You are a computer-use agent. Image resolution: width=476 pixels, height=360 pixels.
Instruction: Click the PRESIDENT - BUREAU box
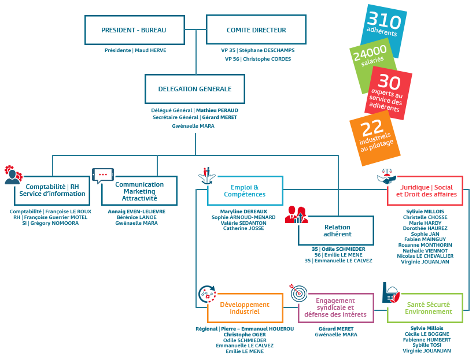(135, 30)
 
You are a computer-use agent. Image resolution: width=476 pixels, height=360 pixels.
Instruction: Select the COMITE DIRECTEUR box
(256, 29)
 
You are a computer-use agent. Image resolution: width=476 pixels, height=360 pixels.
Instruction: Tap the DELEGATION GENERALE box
(195, 89)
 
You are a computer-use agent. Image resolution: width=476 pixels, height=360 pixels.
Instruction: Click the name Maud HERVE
(150, 50)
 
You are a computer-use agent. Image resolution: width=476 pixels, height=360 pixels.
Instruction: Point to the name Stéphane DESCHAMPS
(267, 50)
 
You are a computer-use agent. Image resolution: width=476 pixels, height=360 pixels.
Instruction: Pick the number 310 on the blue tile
(384, 20)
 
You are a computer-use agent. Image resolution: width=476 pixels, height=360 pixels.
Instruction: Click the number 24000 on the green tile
(370, 52)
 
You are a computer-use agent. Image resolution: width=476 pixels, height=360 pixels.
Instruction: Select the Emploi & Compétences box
(245, 191)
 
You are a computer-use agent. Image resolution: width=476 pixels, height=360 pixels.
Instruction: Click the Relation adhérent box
(336, 231)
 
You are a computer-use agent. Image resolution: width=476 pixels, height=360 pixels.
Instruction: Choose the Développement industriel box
(245, 308)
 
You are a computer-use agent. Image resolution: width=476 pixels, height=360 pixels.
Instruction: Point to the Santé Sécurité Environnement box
(425, 308)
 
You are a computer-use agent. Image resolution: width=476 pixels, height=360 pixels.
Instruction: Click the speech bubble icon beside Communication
(103, 176)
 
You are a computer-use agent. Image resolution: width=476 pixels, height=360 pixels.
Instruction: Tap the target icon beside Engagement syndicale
(298, 292)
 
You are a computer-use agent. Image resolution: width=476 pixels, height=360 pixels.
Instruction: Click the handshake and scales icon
(386, 176)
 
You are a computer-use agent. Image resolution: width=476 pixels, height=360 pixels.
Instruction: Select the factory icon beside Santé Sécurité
(391, 292)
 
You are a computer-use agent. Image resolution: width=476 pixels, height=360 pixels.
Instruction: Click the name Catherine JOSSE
(243, 228)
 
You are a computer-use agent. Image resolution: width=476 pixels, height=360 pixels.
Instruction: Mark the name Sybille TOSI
(427, 345)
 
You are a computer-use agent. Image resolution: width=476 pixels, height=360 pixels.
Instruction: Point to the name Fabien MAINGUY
(425, 239)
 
